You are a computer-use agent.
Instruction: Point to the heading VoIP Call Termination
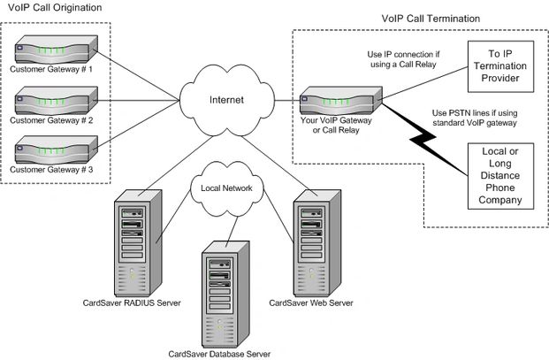pyautogui.click(x=430, y=18)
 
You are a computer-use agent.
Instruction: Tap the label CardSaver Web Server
pyautogui.click(x=310, y=304)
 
